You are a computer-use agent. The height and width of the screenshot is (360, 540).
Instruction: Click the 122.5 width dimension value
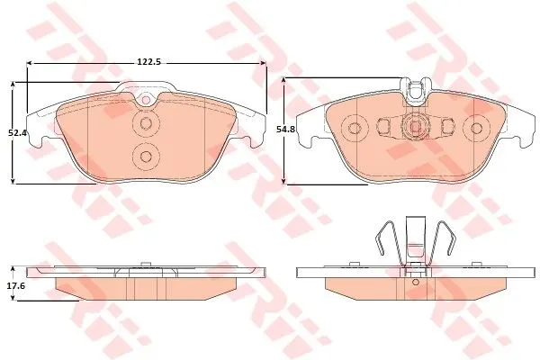coord(149,62)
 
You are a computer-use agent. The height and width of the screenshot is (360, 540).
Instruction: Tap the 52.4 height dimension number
coord(18,132)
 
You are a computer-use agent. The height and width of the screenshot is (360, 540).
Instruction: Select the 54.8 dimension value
coord(286,130)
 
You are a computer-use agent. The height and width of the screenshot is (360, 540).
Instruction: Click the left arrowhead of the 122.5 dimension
coord(30,63)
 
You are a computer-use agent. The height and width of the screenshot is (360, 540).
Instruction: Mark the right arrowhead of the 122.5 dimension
coord(264,63)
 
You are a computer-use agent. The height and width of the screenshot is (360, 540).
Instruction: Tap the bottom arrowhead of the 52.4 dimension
coord(13,181)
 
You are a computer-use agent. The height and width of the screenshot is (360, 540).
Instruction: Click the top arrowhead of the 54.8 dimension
coord(283,81)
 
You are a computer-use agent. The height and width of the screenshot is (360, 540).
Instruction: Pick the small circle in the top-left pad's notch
coord(146,100)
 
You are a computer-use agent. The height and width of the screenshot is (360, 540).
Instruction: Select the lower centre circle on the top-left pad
coord(146,157)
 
